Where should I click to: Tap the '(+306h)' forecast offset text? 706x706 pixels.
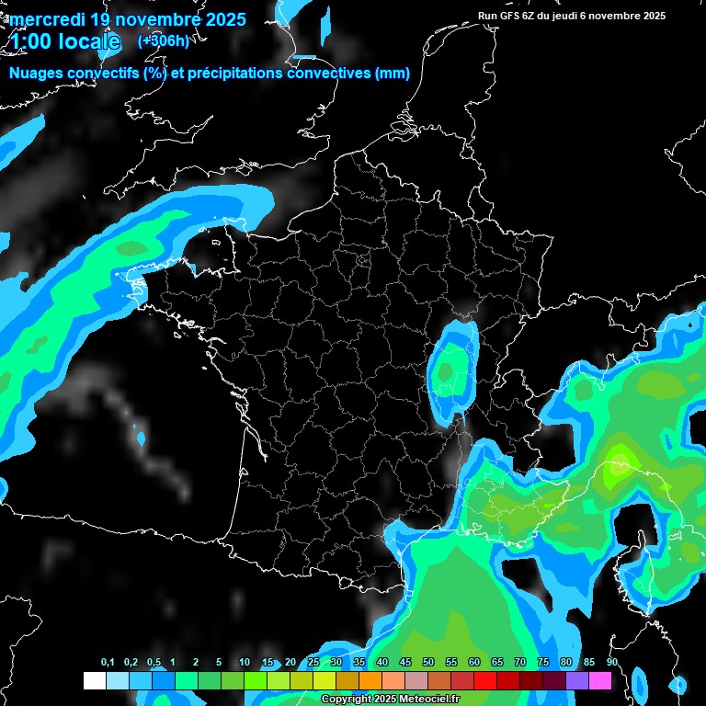(163, 41)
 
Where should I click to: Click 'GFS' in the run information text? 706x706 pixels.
(510, 16)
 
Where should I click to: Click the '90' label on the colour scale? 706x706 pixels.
(611, 663)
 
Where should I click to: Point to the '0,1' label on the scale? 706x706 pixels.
(108, 663)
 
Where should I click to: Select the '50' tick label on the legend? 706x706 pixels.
(428, 663)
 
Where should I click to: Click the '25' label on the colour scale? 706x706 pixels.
(313, 663)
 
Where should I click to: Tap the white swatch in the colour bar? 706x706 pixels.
(94, 681)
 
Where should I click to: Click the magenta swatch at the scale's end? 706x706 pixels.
(600, 681)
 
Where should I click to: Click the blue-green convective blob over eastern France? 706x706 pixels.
(450, 368)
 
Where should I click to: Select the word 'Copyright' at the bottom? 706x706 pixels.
(346, 700)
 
